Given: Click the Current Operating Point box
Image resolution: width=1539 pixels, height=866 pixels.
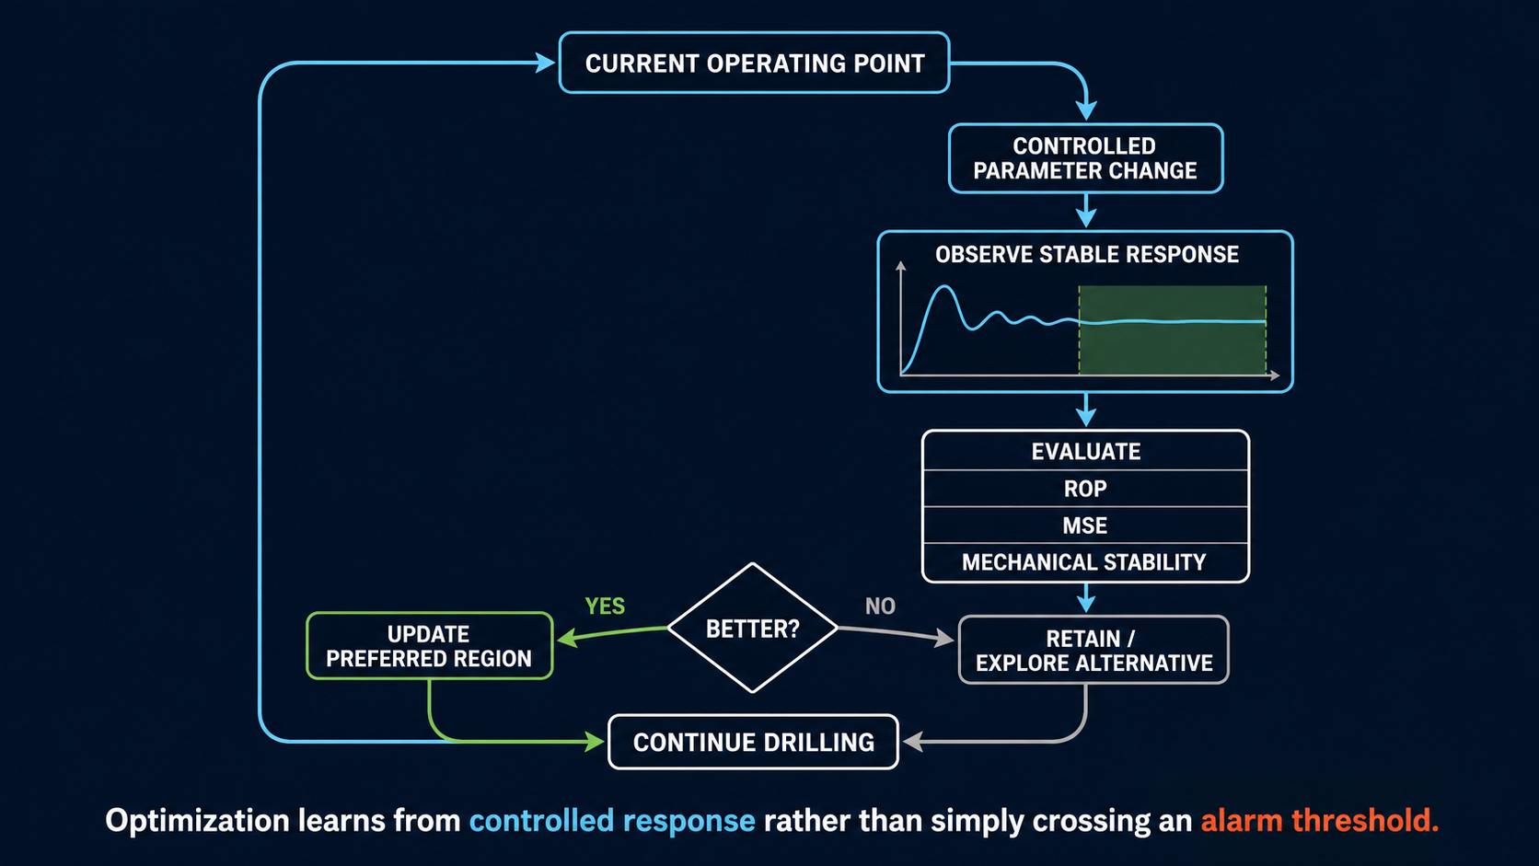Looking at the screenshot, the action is [755, 63].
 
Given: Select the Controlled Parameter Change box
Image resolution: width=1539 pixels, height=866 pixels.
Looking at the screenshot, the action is [1085, 158].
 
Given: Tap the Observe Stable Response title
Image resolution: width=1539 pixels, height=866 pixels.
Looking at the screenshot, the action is [1087, 254].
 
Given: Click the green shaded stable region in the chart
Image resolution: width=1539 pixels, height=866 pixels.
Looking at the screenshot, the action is [1172, 330].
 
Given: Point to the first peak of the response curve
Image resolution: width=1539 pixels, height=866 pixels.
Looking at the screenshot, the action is [944, 286].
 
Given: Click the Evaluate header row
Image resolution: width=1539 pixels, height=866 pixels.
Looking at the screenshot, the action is [1085, 451].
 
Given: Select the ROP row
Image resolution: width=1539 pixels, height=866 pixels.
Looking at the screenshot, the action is [1085, 489].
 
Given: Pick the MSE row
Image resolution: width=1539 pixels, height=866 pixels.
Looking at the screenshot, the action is [1085, 525].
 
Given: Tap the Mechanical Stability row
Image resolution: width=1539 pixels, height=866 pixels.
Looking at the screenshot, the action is [1085, 562].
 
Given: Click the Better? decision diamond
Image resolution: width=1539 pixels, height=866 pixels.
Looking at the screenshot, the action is [752, 629].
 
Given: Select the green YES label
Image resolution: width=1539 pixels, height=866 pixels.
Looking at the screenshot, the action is [605, 606].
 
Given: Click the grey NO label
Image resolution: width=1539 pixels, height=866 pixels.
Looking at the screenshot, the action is [880, 606].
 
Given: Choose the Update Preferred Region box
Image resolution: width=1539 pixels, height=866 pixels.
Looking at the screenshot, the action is [430, 645].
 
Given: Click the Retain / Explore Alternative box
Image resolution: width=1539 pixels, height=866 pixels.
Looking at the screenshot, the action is [1093, 650].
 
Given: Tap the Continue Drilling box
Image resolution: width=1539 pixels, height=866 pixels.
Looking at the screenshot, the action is [754, 742].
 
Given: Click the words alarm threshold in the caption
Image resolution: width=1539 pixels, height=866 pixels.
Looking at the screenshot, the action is [1319, 821].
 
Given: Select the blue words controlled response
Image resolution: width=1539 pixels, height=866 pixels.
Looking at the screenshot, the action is [612, 821].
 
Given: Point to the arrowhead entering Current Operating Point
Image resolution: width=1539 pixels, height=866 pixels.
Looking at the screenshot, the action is [546, 63].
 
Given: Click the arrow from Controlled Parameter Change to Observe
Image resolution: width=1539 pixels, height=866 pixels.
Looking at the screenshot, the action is [1085, 210].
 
